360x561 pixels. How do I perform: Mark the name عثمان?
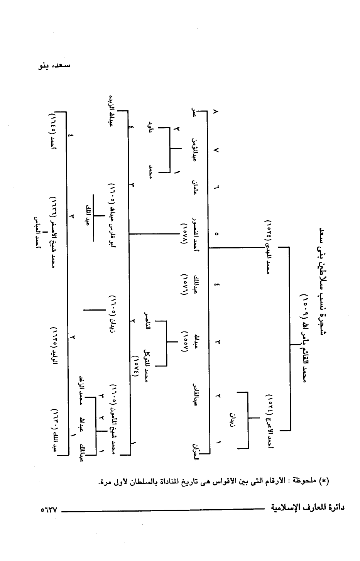pos(196,188)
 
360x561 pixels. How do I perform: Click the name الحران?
pos(196,449)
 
